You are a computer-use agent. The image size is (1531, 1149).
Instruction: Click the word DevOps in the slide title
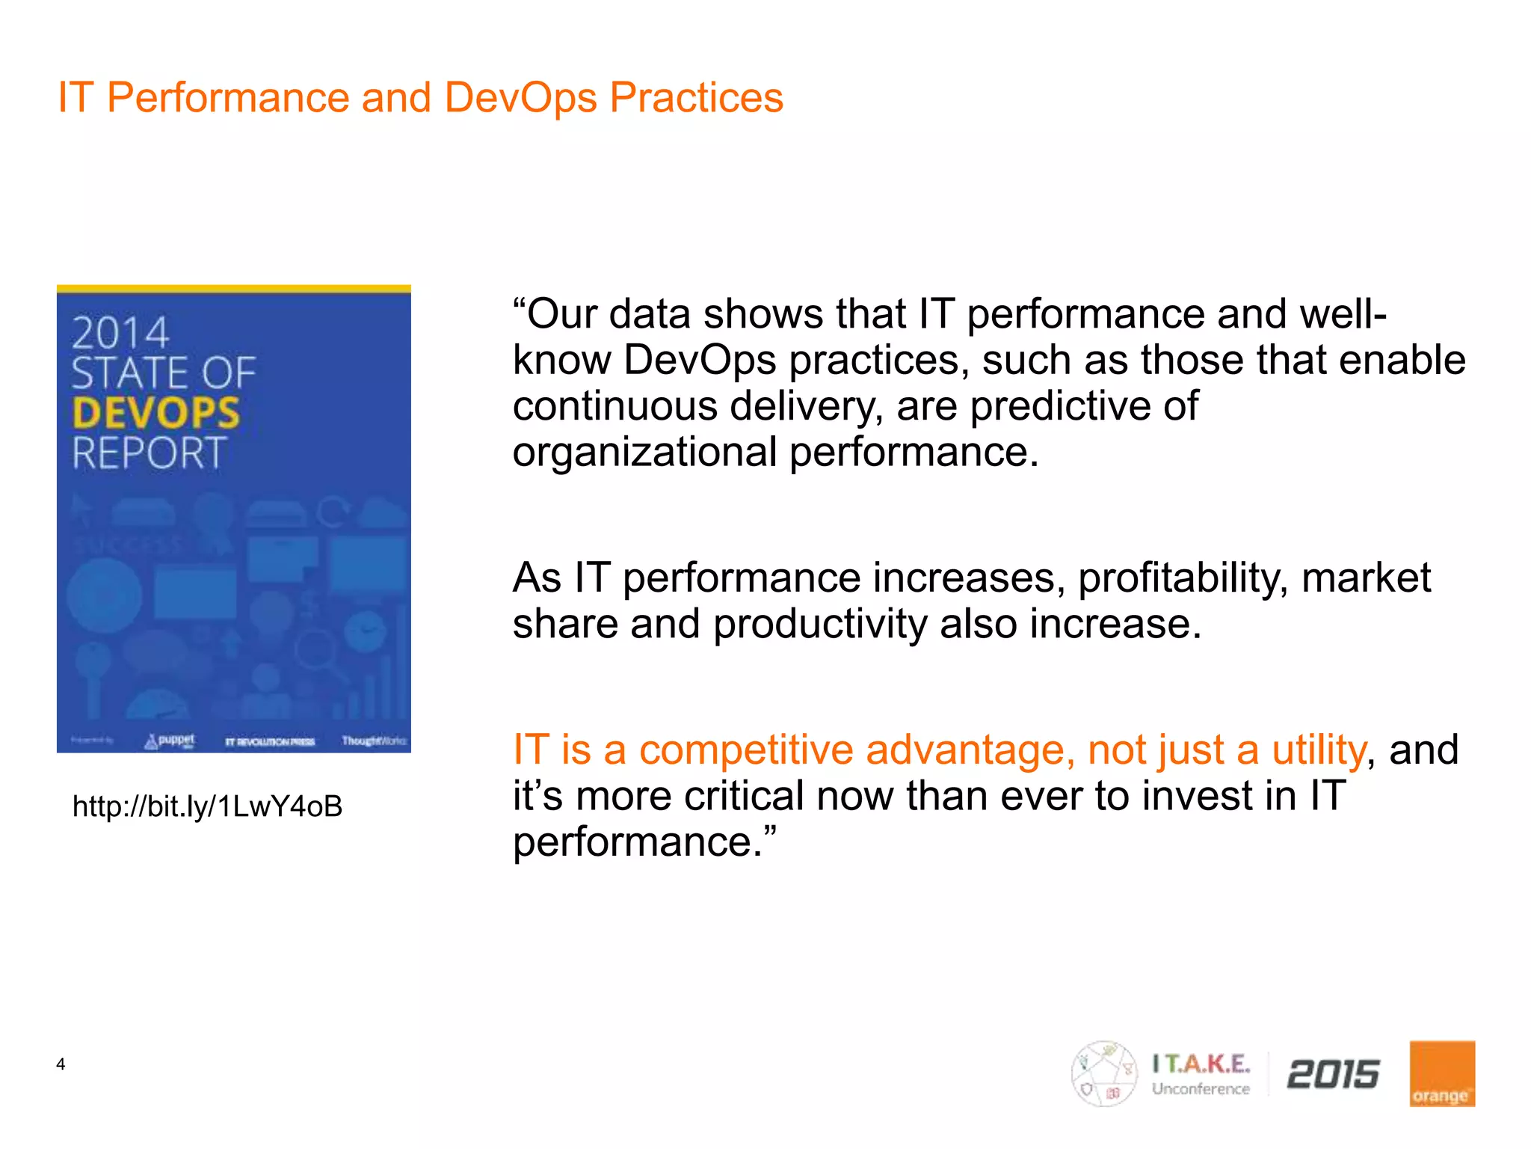click(x=520, y=98)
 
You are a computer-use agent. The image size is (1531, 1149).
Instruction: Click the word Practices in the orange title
click(x=696, y=98)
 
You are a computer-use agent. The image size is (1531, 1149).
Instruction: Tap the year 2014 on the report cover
click(x=120, y=333)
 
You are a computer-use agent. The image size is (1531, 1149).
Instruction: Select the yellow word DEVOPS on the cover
click(x=156, y=413)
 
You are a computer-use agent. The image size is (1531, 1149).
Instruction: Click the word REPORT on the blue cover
click(x=150, y=453)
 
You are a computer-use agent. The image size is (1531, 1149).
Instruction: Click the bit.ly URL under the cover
click(x=207, y=806)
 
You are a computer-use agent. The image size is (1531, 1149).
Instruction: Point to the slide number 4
click(x=61, y=1064)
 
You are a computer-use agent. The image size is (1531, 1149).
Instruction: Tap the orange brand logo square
click(x=1441, y=1073)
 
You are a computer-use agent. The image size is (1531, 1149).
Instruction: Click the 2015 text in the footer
click(x=1333, y=1075)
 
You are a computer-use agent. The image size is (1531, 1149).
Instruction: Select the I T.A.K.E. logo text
click(x=1201, y=1064)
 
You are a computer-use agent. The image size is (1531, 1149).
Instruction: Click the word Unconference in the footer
click(x=1201, y=1089)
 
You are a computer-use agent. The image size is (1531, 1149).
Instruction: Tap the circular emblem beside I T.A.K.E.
click(x=1103, y=1073)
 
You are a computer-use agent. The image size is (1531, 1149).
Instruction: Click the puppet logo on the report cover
click(x=170, y=741)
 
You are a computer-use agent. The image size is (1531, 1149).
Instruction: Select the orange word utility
click(x=1319, y=750)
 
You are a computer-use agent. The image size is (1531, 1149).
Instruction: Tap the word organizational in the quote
click(x=644, y=453)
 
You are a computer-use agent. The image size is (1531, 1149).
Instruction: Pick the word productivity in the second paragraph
click(x=819, y=625)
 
